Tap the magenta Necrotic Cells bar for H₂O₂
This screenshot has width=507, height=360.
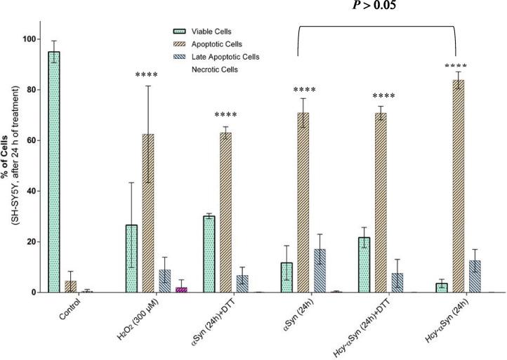(181, 289)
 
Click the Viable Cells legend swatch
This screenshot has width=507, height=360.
(185, 31)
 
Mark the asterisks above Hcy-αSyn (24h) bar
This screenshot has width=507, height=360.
(457, 67)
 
